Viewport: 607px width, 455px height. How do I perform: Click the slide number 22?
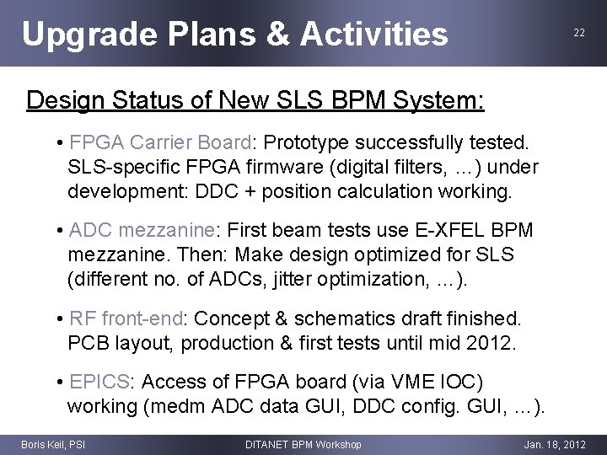[579, 32]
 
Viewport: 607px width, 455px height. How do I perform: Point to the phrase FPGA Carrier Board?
[160, 141]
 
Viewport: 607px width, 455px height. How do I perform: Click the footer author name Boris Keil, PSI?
[52, 444]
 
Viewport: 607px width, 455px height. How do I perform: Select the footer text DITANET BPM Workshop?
[303, 444]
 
